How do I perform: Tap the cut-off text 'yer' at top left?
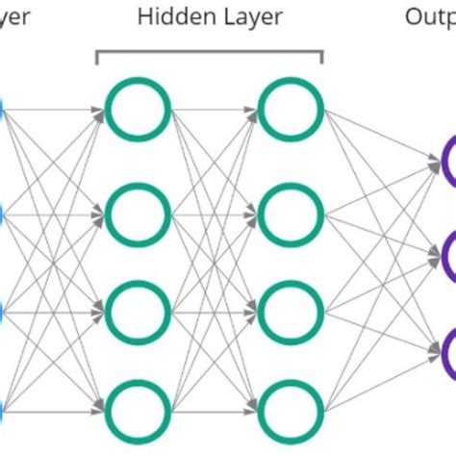click(x=17, y=18)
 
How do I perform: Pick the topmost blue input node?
click(x=3, y=110)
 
